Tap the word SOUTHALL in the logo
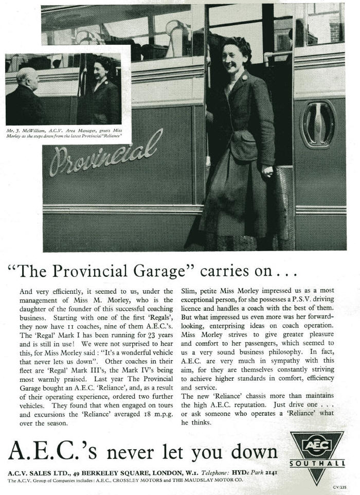coord(317,463)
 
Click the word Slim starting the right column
coord(189,291)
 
